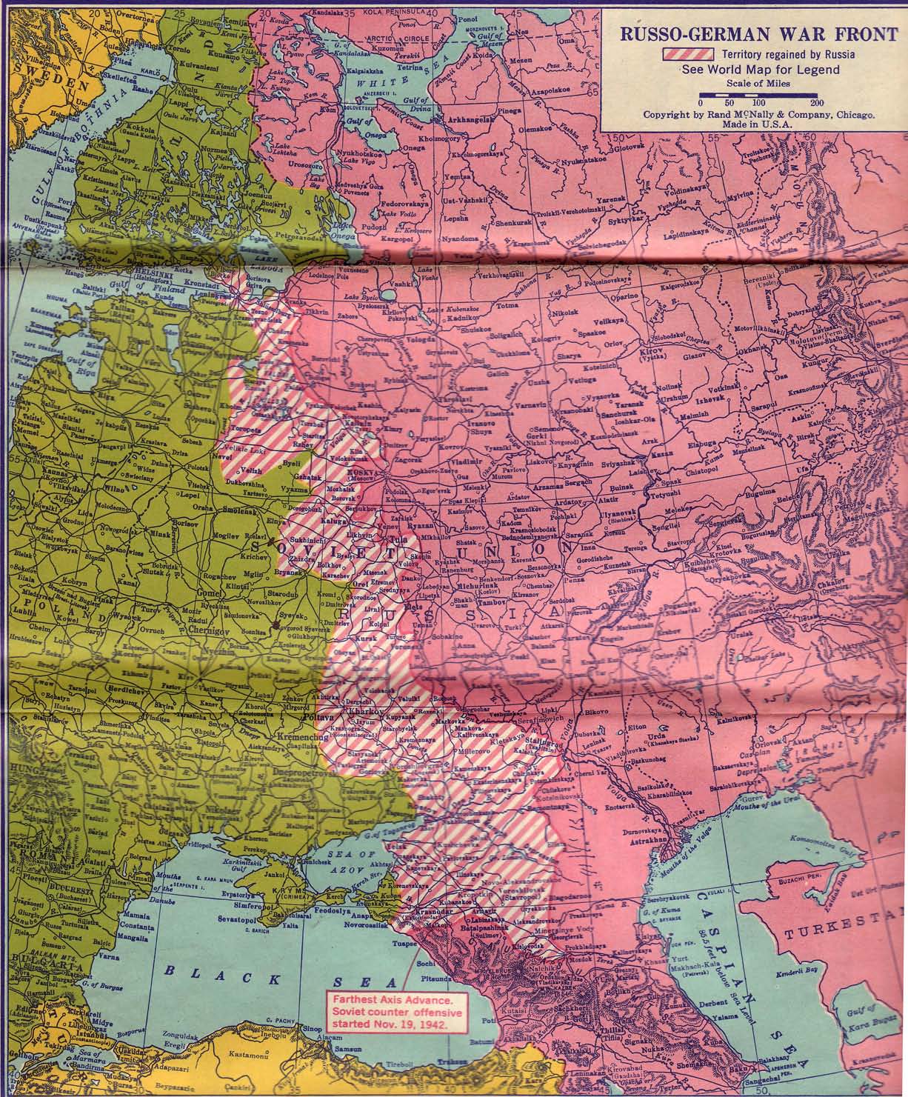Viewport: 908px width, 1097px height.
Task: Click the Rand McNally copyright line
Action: [761, 116]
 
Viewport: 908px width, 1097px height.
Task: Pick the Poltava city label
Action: [317, 718]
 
